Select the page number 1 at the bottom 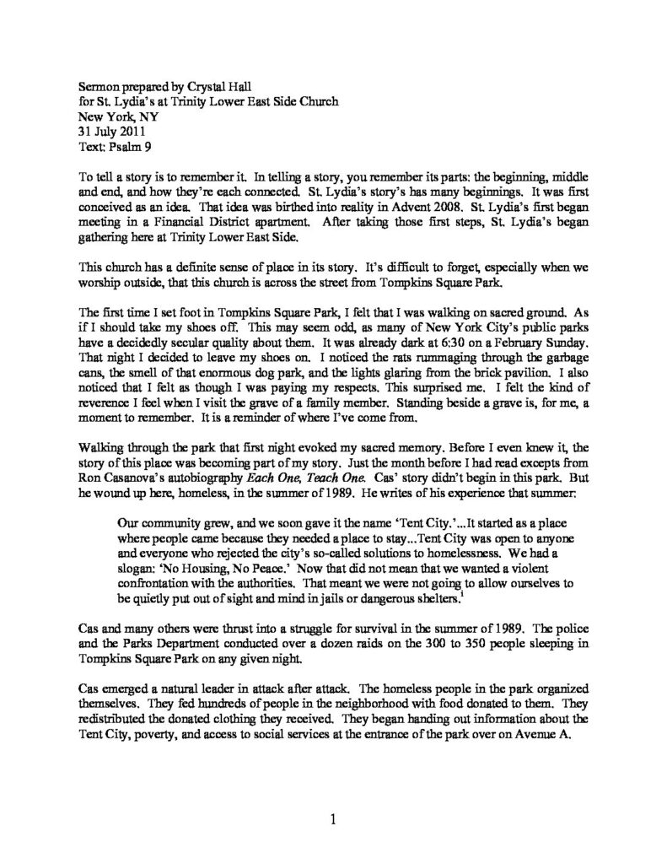pos(334,818)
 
